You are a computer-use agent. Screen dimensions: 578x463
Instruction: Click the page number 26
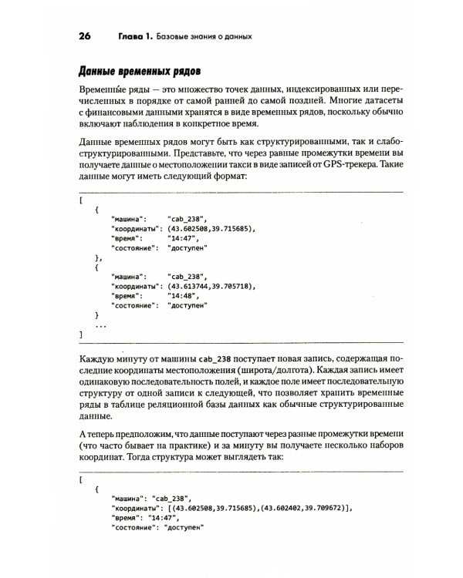point(86,36)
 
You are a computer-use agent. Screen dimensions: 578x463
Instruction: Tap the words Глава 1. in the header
point(135,36)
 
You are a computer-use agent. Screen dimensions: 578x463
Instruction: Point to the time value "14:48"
point(182,295)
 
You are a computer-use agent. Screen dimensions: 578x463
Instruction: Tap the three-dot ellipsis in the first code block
point(100,325)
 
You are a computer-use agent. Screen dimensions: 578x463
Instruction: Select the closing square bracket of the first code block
point(81,335)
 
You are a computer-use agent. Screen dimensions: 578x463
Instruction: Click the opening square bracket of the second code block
point(81,478)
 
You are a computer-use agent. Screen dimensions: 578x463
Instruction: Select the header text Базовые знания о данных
point(204,36)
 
